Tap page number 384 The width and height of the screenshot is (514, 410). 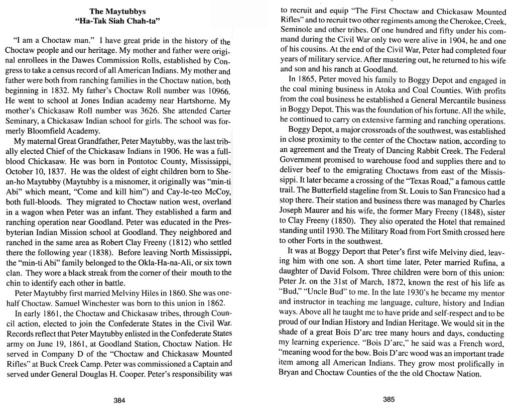(x=119, y=400)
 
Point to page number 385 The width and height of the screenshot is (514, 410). (x=389, y=400)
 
